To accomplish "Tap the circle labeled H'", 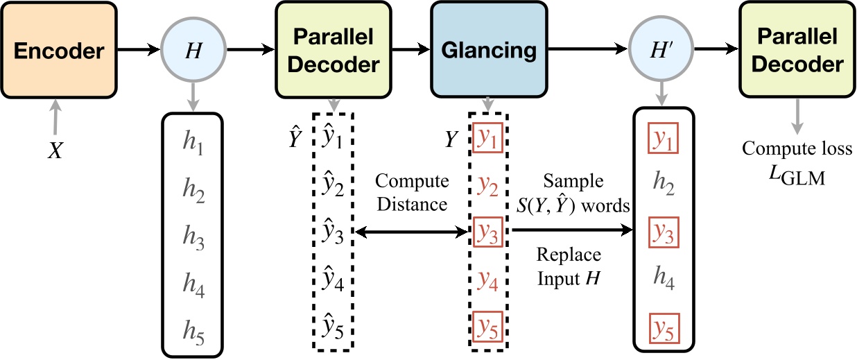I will [x=663, y=50].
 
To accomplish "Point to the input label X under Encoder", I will [x=55, y=150].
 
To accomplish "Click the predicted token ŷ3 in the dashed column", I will [x=334, y=235].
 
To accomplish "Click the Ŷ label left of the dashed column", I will [x=295, y=139].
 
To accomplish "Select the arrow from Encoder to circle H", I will [x=138, y=50].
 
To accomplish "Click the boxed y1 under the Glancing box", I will [x=488, y=141].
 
